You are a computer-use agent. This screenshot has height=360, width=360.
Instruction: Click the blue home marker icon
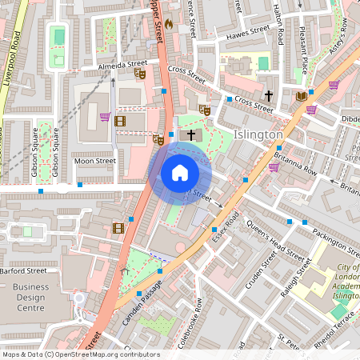[x=180, y=172]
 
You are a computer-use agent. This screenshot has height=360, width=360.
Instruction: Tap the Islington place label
[x=258, y=134]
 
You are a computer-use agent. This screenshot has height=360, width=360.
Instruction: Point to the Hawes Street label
[x=249, y=32]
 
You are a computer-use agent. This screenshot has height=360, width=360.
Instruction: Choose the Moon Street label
[x=95, y=161]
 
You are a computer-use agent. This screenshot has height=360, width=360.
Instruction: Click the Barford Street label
[x=24, y=270]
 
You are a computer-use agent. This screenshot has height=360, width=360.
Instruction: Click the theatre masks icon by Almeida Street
[x=139, y=74]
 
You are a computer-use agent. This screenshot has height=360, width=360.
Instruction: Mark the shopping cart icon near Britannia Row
[x=274, y=168]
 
